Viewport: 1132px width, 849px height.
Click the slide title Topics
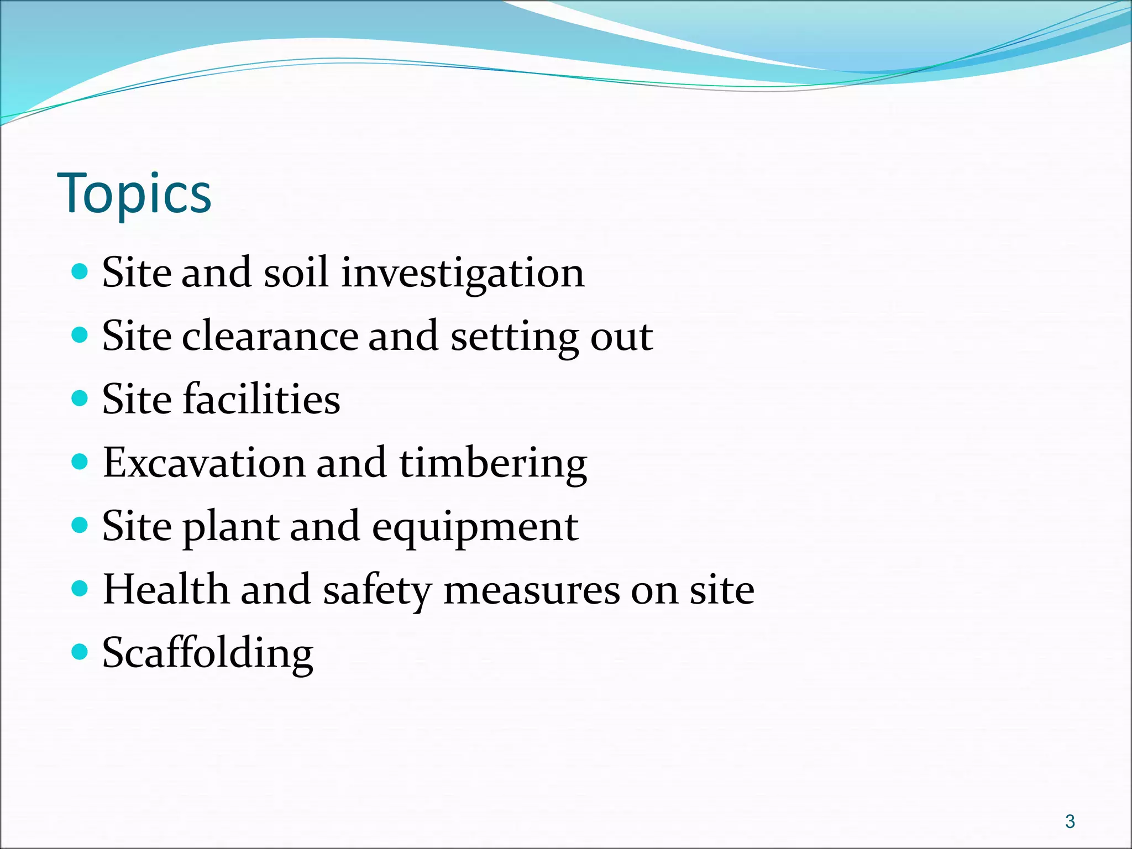point(134,193)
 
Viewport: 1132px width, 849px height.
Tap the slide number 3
point(1070,821)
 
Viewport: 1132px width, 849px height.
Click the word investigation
point(463,273)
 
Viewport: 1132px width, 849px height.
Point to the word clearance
point(270,336)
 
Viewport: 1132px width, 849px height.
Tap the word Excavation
point(204,463)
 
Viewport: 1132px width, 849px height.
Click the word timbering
point(492,463)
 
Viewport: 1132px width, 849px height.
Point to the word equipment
point(475,527)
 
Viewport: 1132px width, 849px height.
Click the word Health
point(166,589)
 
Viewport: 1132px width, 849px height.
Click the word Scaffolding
point(208,653)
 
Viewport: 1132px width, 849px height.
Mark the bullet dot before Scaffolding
point(80,652)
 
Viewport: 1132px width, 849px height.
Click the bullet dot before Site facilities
point(80,398)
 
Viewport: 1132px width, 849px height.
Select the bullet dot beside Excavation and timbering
point(80,462)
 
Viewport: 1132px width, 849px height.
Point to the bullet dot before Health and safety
point(80,589)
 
